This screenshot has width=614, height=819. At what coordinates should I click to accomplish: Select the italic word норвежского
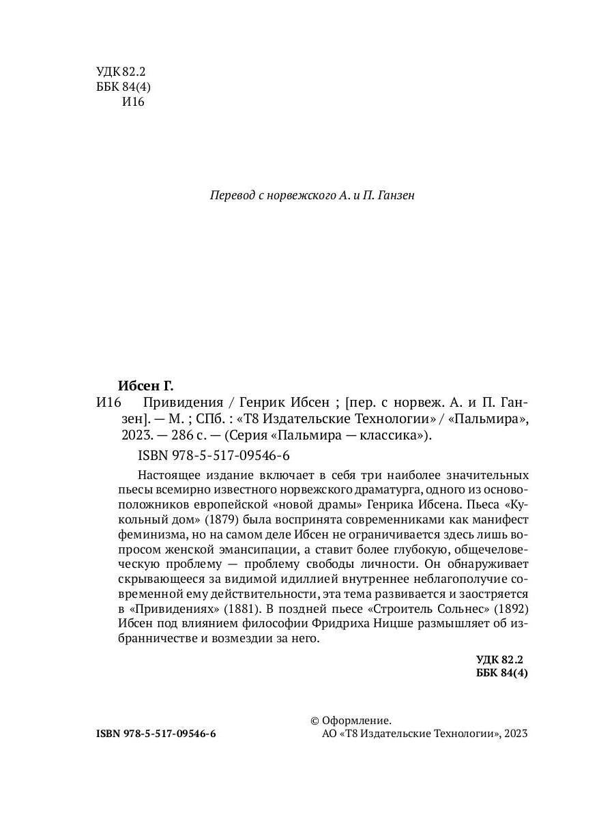click(x=301, y=195)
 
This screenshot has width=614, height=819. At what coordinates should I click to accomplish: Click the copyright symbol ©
click(x=315, y=719)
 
